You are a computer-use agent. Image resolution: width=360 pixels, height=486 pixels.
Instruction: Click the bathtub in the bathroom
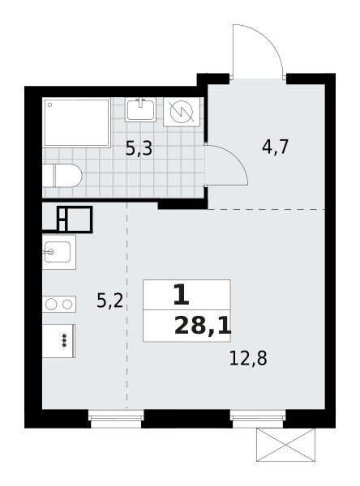77,122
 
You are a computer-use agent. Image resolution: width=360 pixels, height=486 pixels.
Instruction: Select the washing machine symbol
181,112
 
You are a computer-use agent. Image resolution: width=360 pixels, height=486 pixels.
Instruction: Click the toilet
63,176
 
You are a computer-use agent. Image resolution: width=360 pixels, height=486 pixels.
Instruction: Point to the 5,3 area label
139,149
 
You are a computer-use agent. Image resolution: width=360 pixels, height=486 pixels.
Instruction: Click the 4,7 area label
275,147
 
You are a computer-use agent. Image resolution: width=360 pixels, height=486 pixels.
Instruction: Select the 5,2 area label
109,301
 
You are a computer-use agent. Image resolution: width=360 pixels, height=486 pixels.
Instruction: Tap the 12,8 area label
247,357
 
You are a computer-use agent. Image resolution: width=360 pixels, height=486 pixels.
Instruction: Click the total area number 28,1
202,326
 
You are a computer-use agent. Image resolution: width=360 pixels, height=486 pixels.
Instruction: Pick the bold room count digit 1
181,295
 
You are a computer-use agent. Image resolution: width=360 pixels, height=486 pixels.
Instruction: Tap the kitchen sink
58,252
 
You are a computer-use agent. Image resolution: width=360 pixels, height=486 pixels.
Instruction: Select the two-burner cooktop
59,305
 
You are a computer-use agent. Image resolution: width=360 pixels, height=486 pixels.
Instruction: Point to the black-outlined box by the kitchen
75,220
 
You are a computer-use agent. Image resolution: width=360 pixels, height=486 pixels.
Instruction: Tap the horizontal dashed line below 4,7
268,209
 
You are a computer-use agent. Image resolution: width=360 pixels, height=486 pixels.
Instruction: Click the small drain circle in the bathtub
49,104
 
